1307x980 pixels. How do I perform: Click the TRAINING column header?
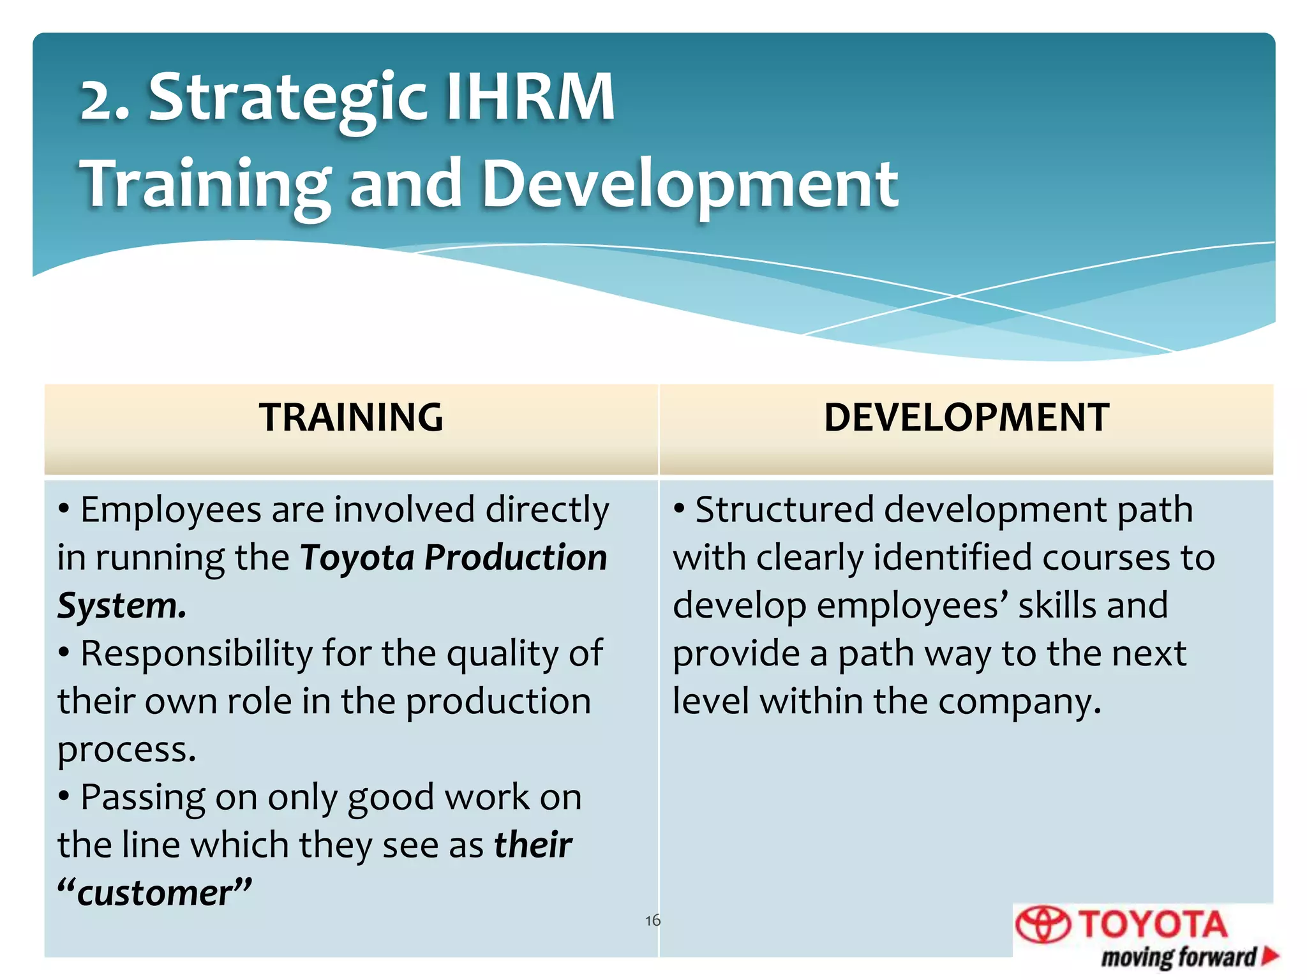pyautogui.click(x=351, y=418)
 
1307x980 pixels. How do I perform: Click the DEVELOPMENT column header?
pyautogui.click(x=966, y=418)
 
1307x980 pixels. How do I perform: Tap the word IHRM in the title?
pyautogui.click(x=529, y=98)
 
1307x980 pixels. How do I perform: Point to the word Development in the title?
pyautogui.click(x=689, y=185)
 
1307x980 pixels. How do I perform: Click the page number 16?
pyautogui.click(x=652, y=920)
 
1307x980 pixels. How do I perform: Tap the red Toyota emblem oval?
pyautogui.click(x=1043, y=924)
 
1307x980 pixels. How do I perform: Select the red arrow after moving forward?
pyautogui.click(x=1270, y=955)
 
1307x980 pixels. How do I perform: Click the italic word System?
pyautogui.click(x=121, y=605)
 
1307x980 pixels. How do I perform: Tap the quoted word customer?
pyautogui.click(x=154, y=893)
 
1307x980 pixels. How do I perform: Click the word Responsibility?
pyautogui.click(x=196, y=654)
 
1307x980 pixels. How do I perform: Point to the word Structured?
pyautogui.click(x=784, y=510)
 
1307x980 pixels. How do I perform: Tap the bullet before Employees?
pyautogui.click(x=64, y=510)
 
